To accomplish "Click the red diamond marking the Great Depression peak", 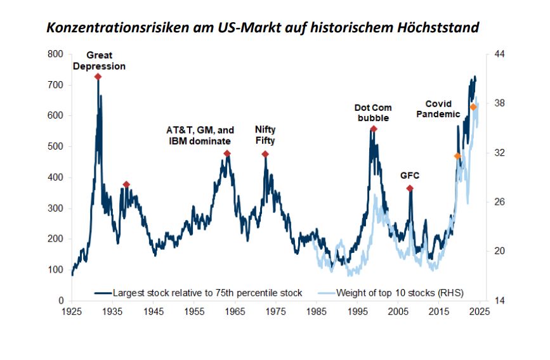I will (98, 77).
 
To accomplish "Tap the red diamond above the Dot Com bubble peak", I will (374, 129).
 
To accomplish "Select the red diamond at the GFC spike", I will (410, 189).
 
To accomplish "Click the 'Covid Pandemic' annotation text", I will (442, 109).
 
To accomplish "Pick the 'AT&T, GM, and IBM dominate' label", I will (200, 135).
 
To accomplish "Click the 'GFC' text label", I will (410, 175).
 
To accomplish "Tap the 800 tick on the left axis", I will (55, 55).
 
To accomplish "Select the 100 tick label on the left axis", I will (55, 270).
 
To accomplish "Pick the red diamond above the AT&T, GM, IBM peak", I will (227, 154).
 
